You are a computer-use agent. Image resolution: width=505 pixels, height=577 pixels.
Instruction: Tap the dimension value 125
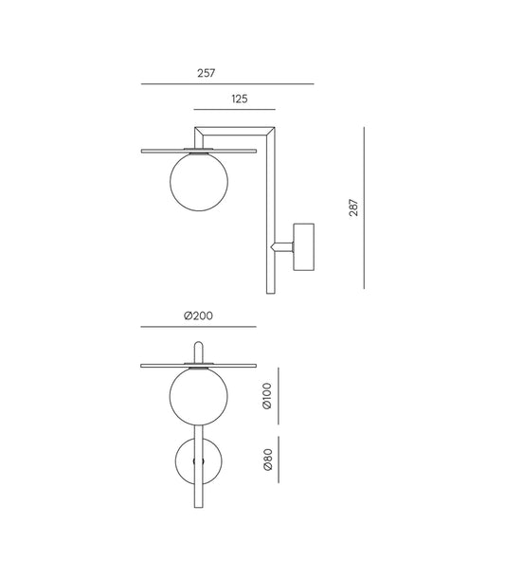pyautogui.click(x=239, y=98)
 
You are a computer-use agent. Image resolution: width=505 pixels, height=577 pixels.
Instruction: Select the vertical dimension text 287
pyautogui.click(x=352, y=207)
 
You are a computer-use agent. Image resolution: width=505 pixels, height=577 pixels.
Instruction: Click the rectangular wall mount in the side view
pyautogui.click(x=306, y=246)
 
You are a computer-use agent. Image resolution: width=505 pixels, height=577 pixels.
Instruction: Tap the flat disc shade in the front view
pyautogui.click(x=156, y=362)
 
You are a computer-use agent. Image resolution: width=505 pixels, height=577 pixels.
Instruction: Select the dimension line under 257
pyautogui.click(x=227, y=84)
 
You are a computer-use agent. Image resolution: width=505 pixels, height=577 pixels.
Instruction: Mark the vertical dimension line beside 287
pyautogui.click(x=365, y=207)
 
